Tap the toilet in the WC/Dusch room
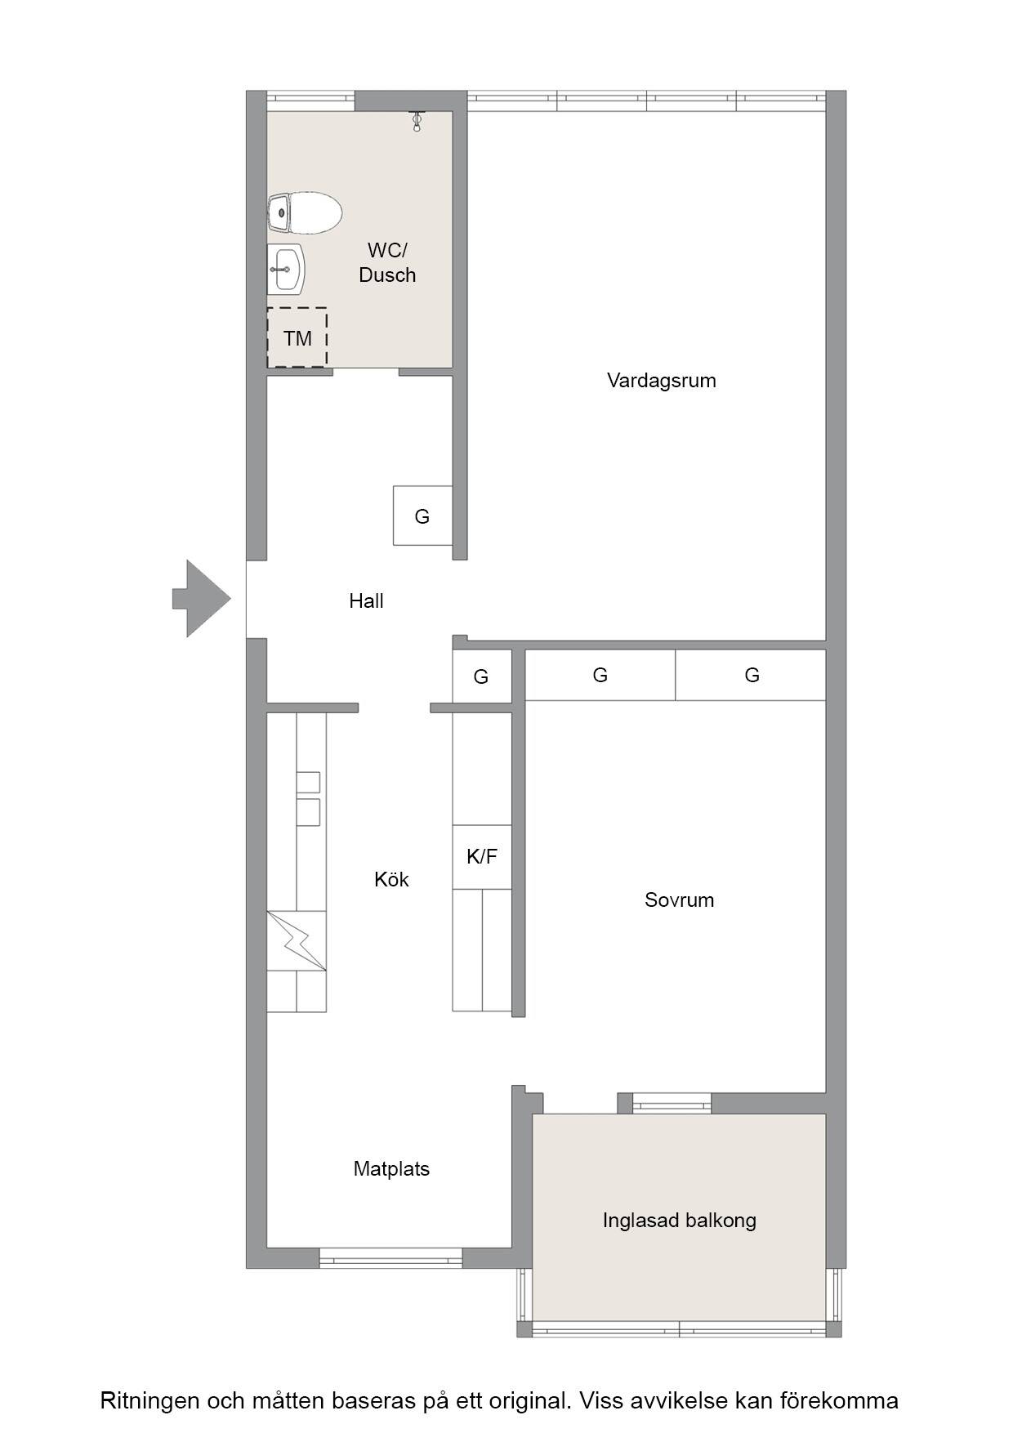point(304,212)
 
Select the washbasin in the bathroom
point(286,269)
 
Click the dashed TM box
point(297,337)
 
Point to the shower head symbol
point(417,122)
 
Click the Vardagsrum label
point(662,380)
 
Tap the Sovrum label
point(679,900)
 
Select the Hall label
point(366,600)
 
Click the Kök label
point(391,879)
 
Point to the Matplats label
point(391,1168)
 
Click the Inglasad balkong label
point(680,1220)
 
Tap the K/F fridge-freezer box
point(482,856)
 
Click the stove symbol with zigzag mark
point(297,940)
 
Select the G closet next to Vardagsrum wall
point(422,516)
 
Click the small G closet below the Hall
point(482,676)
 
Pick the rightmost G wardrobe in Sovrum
point(751,675)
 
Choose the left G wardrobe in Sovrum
point(600,675)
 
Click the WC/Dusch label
point(387,262)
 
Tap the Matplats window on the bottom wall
point(390,1257)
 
